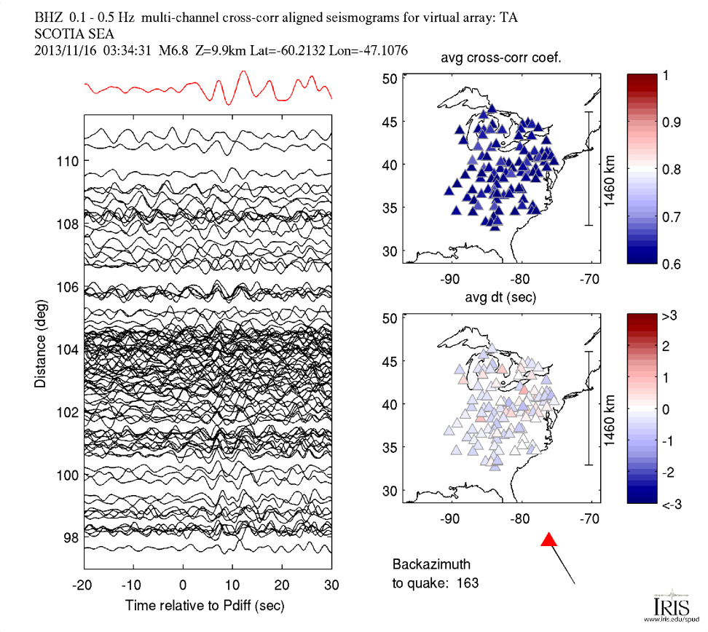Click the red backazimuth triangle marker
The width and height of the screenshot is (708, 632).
pos(550,540)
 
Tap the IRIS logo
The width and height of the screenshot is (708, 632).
pos(667,606)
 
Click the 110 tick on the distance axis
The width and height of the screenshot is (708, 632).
pos(68,161)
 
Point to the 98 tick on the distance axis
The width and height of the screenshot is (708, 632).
pos(71,537)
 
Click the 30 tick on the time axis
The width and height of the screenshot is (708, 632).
pos(331,585)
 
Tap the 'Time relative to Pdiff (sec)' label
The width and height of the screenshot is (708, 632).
pos(205,605)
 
